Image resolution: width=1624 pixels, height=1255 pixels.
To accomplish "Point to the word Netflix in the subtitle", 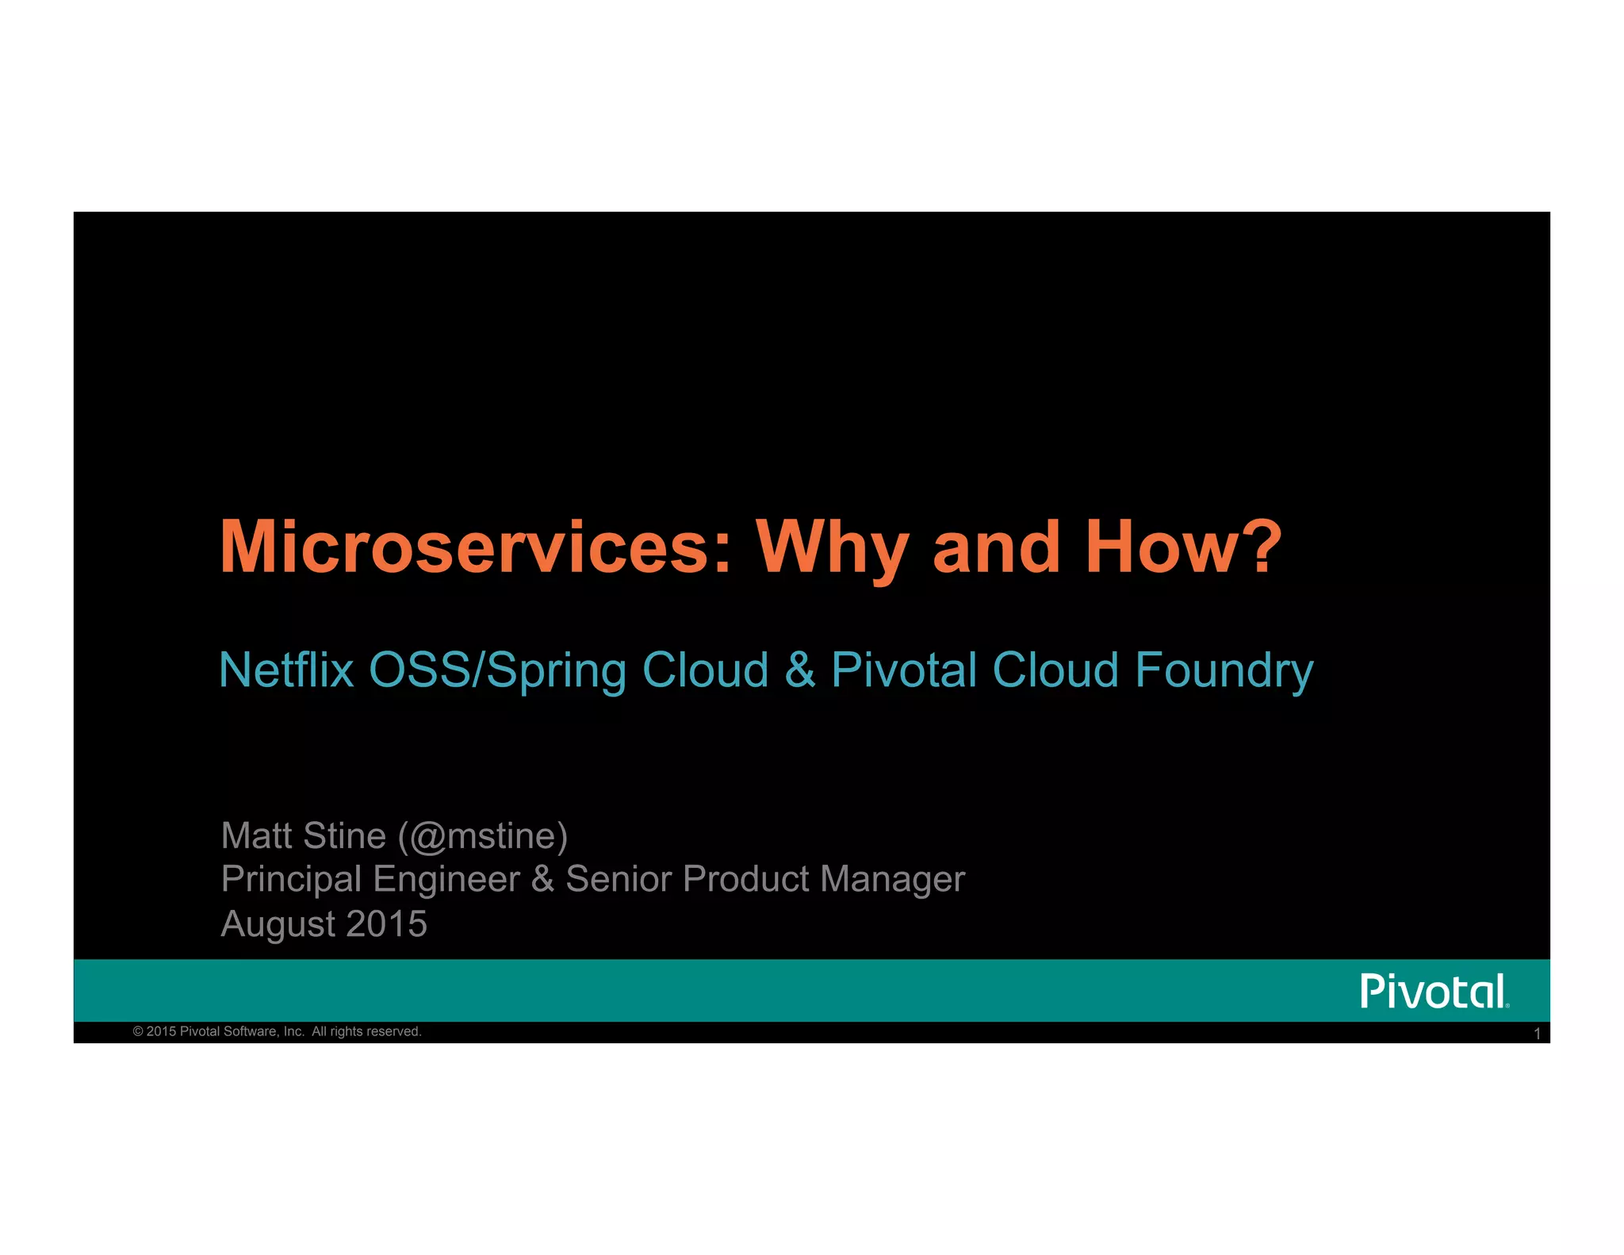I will (x=285, y=670).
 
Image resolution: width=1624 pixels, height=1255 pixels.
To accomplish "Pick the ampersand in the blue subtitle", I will (x=800, y=670).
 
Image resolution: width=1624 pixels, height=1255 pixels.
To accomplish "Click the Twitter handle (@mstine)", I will (x=483, y=836).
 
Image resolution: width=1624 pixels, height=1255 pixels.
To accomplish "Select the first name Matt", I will (x=257, y=836).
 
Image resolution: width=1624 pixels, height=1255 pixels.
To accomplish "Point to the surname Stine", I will (x=344, y=836).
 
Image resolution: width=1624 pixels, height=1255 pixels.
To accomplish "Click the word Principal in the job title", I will (x=291, y=880).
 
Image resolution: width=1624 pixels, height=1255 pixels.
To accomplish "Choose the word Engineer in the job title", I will (x=446, y=880).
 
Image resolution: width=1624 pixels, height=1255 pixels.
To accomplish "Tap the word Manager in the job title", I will (x=892, y=880).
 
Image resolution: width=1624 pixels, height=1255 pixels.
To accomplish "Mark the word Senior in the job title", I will (x=619, y=879).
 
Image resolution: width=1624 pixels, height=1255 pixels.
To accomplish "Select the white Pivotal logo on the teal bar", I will (x=1434, y=992).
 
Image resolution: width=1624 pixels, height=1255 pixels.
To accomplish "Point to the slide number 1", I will (x=1537, y=1034).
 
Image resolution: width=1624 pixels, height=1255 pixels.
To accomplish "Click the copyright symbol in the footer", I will (x=138, y=1031).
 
